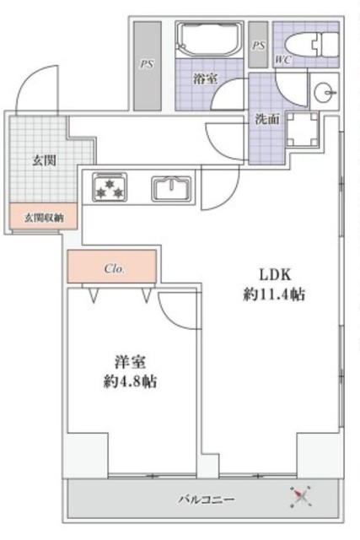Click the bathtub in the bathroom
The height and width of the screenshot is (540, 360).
[209, 39]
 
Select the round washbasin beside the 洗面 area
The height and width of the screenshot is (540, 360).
[325, 92]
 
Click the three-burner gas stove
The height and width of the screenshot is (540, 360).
[110, 187]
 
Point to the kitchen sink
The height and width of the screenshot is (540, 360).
[171, 189]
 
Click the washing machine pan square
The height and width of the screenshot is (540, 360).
[303, 129]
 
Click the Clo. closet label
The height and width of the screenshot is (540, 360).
[115, 268]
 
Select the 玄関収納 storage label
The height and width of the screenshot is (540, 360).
[44, 218]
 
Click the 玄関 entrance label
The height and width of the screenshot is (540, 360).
[44, 160]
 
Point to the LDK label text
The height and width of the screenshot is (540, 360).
[276, 275]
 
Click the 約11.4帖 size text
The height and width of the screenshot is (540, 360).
[274, 294]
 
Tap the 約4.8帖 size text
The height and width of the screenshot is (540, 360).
[130, 381]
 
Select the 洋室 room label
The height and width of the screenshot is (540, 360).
[130, 362]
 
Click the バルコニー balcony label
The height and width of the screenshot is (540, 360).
[207, 499]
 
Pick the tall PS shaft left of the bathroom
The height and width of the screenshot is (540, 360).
[148, 66]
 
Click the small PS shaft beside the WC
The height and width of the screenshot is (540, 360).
[258, 45]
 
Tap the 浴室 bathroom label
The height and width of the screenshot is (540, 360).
[205, 78]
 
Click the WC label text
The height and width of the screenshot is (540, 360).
[283, 60]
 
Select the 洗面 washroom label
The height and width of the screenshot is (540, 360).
[266, 120]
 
